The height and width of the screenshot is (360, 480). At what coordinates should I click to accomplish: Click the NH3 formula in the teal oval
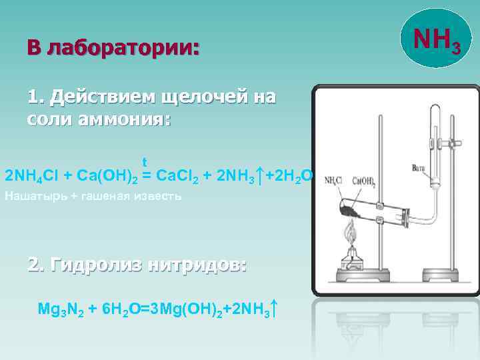tap(437, 41)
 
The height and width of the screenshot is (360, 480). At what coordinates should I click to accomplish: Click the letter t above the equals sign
tap(144, 162)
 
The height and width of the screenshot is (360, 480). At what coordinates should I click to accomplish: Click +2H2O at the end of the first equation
tap(287, 177)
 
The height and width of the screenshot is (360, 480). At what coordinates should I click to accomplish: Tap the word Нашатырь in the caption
tap(34, 197)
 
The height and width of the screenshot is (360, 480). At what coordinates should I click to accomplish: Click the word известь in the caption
tap(158, 197)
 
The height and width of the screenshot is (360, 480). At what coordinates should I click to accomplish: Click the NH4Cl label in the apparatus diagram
tap(335, 181)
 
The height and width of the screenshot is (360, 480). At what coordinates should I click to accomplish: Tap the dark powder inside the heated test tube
tap(351, 211)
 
